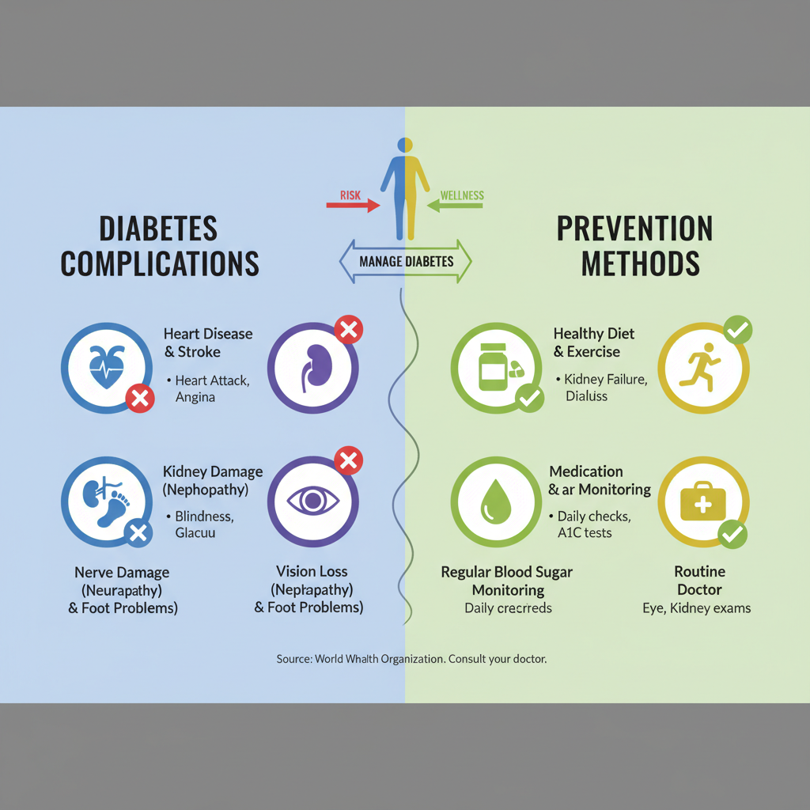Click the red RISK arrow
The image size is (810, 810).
click(352, 206)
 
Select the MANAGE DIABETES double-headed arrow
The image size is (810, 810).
click(405, 261)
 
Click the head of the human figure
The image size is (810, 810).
click(406, 145)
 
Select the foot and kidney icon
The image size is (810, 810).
click(106, 501)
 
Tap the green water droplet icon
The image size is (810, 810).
click(496, 501)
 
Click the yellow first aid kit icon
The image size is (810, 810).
click(703, 501)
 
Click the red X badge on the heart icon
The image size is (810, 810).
click(140, 399)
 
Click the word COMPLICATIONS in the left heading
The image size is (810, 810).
click(160, 263)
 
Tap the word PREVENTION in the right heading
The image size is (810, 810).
click(634, 229)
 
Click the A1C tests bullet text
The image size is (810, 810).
click(585, 532)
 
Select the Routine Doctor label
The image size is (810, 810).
click(699, 580)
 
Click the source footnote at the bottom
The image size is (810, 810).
click(411, 658)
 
